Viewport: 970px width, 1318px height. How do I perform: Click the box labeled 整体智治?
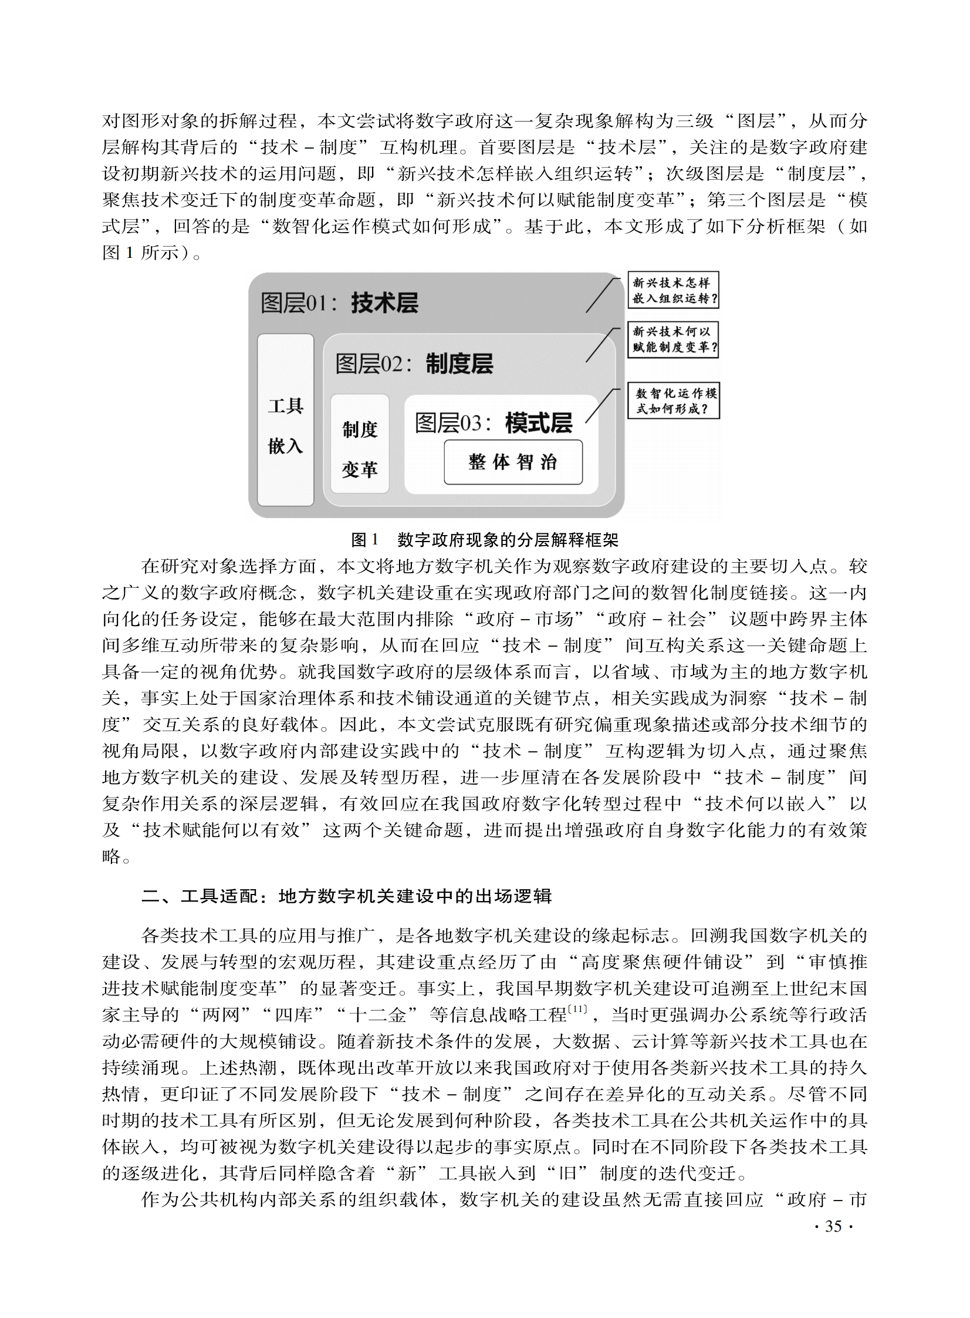tap(513, 462)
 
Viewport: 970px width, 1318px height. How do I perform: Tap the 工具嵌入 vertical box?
tap(285, 419)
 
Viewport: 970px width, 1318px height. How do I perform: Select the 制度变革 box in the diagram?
tap(359, 443)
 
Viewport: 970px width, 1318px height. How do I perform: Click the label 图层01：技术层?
tap(339, 303)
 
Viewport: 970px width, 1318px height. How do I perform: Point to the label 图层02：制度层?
tap(414, 364)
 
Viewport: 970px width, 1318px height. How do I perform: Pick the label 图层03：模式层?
tap(494, 423)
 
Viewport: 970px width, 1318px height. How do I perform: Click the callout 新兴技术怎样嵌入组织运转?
tap(674, 290)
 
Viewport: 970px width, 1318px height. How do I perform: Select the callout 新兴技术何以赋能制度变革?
tap(674, 339)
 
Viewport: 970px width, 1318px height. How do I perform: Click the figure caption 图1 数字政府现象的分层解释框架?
tap(484, 539)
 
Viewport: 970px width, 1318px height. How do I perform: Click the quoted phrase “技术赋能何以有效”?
tap(227, 831)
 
